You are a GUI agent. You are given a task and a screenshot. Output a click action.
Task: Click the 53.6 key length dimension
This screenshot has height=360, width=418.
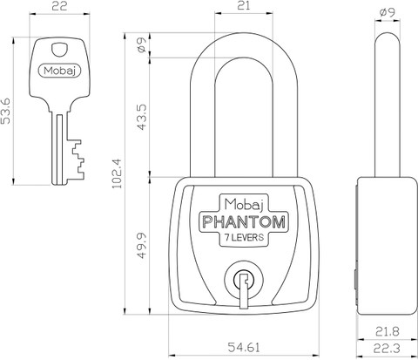point(5,111)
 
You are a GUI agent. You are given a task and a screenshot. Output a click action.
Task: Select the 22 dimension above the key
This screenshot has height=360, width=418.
point(59,6)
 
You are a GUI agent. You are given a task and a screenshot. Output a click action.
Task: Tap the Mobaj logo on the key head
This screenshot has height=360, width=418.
point(59,71)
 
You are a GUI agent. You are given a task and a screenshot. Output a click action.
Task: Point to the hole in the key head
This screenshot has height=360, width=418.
point(59,49)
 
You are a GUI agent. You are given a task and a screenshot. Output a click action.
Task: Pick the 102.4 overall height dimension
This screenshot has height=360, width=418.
point(118,173)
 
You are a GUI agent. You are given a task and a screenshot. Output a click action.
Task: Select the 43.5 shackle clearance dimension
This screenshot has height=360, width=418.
point(142,117)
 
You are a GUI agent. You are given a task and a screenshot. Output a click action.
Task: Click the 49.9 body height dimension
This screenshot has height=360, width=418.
point(142,246)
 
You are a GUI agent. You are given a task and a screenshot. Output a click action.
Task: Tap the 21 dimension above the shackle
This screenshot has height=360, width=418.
point(244,6)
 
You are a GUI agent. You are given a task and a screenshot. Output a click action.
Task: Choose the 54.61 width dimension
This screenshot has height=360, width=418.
point(244,347)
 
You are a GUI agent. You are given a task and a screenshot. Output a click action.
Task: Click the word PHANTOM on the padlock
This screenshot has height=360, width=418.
point(244,222)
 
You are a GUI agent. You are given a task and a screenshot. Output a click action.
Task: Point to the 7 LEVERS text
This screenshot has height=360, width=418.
point(245,237)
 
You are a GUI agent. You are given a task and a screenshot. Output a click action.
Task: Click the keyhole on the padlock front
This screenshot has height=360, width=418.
point(244,282)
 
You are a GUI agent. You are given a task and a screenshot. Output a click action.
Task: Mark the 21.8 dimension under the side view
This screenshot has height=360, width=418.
point(388,331)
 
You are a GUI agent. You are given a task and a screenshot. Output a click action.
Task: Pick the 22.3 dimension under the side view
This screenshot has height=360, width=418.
point(388,348)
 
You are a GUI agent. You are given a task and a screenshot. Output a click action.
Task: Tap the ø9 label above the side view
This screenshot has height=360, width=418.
point(388,12)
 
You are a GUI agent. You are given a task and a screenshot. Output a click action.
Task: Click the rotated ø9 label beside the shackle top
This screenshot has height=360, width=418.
point(142,45)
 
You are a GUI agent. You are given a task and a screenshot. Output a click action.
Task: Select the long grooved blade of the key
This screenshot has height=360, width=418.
point(60,149)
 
